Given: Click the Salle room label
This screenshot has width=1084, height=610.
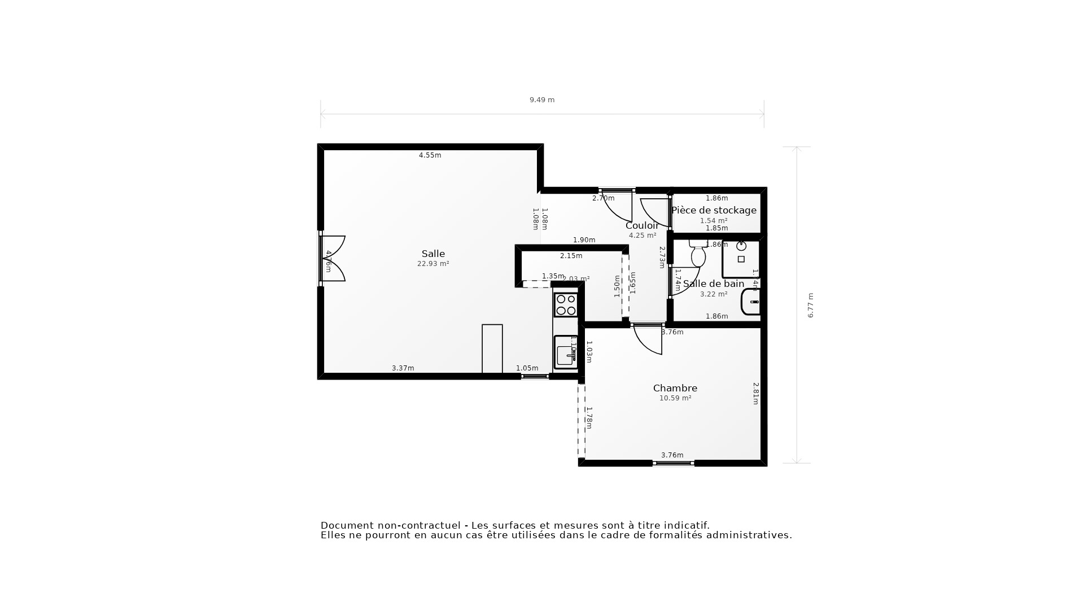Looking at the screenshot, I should [x=433, y=254].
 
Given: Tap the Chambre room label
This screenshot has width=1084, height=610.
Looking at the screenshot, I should [x=675, y=388].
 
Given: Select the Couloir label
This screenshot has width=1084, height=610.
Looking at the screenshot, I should [x=642, y=226].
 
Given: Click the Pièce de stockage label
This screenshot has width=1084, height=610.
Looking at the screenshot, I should [x=714, y=210].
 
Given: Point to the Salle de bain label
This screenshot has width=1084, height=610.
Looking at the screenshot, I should [x=713, y=284].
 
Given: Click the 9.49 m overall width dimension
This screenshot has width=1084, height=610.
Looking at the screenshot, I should [x=541, y=100].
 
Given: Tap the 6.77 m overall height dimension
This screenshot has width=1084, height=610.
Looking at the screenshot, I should [x=810, y=305].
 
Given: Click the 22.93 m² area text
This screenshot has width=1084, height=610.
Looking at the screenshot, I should [x=433, y=264].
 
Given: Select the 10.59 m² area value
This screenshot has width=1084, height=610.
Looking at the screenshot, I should [x=675, y=398].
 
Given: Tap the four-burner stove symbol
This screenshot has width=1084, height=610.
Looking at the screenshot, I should [x=566, y=305].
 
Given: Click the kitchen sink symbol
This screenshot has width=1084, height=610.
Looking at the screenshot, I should [x=565, y=353].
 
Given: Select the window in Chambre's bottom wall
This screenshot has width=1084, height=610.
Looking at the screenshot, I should [x=673, y=463].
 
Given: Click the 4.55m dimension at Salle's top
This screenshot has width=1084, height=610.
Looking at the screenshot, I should [x=430, y=155].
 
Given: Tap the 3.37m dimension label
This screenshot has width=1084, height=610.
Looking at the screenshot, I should [x=403, y=368].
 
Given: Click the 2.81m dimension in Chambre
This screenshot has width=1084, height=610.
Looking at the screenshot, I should [x=755, y=393].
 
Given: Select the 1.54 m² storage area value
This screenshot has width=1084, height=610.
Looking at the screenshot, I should [x=714, y=221].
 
